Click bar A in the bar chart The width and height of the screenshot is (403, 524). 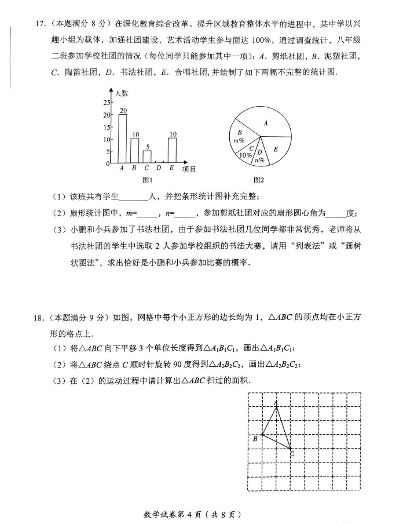123,139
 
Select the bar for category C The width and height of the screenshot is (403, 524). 147,157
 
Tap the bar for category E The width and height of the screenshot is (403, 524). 172,150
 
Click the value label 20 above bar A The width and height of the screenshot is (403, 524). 123,110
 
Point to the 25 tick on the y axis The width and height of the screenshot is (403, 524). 106,102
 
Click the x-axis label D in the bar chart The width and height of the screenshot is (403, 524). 159,169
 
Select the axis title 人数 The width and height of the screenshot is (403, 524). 122,93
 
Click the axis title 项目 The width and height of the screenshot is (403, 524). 189,169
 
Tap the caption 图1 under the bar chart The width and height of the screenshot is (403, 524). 146,180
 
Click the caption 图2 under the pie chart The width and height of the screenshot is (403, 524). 259,180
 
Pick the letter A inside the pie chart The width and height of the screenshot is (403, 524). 266,123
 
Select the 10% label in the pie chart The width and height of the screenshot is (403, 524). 246,154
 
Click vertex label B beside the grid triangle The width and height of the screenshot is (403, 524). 255,439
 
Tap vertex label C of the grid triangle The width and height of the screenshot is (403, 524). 291,454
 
